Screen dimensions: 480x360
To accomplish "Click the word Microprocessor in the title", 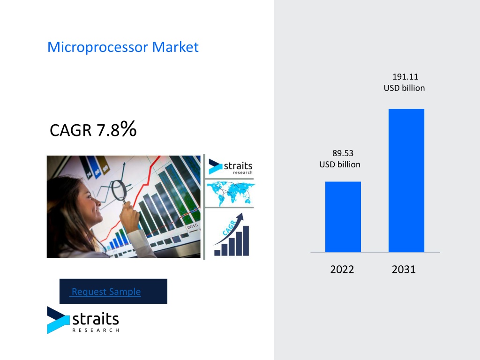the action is pos(98,47).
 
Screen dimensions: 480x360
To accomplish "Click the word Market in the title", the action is pos(175,47).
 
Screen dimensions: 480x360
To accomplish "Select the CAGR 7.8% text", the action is pos(93,129).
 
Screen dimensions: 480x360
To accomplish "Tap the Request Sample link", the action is pos(106,292).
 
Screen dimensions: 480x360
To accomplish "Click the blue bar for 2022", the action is pos(343,217).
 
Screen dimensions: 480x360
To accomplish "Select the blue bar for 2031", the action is pos(406,180).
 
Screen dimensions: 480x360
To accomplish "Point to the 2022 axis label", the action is pos(342,270).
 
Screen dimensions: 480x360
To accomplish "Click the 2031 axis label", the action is pos(404,270).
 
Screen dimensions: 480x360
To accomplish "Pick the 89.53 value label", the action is pos(343,153).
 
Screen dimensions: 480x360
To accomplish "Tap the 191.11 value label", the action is pos(405,76).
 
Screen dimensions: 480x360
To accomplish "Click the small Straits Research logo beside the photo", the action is pos(231,167).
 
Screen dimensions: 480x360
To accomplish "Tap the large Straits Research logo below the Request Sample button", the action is pos(83,320).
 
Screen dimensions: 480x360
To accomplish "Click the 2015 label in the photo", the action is pos(193,226).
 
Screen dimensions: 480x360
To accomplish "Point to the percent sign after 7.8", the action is pos(128,128).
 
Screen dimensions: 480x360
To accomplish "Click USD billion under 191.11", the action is pos(404,88).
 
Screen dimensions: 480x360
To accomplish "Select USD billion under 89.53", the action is pos(340,165).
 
